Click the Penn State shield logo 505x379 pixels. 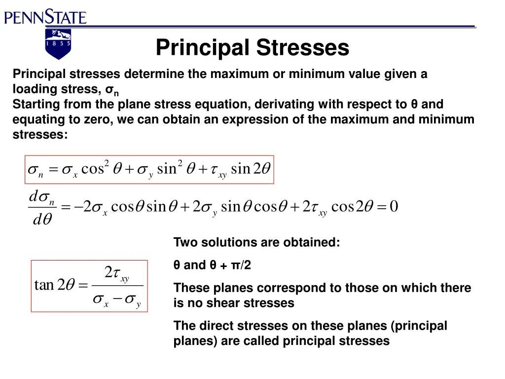[x=58, y=43]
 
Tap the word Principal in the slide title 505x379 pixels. [x=202, y=48]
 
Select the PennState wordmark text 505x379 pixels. [x=45, y=18]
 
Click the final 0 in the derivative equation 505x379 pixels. [x=394, y=206]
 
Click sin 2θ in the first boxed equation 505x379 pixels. [x=251, y=169]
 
